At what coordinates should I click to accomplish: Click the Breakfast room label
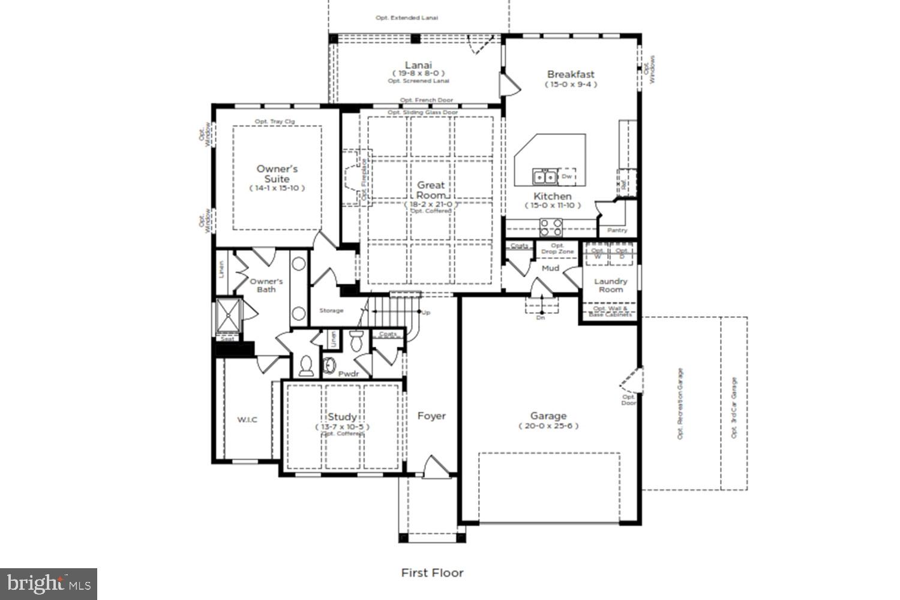(x=571, y=74)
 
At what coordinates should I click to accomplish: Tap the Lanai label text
(x=418, y=65)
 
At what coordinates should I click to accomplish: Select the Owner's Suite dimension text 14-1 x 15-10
(x=277, y=188)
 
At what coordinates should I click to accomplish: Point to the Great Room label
(x=431, y=190)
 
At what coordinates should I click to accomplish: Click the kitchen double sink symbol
(x=544, y=177)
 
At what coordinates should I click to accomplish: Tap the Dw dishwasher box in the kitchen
(x=567, y=177)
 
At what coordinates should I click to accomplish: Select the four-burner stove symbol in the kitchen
(x=551, y=227)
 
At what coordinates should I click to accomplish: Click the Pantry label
(x=617, y=230)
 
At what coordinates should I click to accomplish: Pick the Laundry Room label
(x=610, y=285)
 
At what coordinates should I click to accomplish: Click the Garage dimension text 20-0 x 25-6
(x=548, y=426)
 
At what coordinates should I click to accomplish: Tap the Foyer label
(x=431, y=416)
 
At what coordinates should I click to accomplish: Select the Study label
(x=342, y=416)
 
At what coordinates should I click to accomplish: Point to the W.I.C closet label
(x=247, y=419)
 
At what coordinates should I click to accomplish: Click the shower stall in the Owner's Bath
(x=228, y=315)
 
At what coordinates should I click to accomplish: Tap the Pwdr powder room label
(x=348, y=374)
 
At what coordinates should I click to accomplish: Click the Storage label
(x=331, y=310)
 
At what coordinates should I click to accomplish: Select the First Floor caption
(x=432, y=572)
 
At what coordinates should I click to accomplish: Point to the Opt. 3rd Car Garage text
(x=734, y=407)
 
